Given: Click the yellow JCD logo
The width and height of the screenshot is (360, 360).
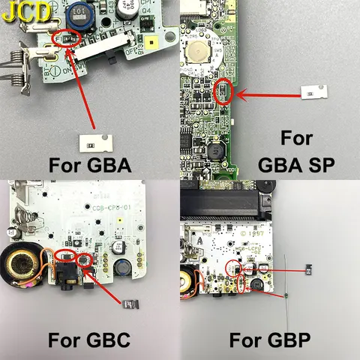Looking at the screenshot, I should tap(27, 11).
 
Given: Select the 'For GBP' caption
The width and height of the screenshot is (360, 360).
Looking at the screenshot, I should tap(268, 340).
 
